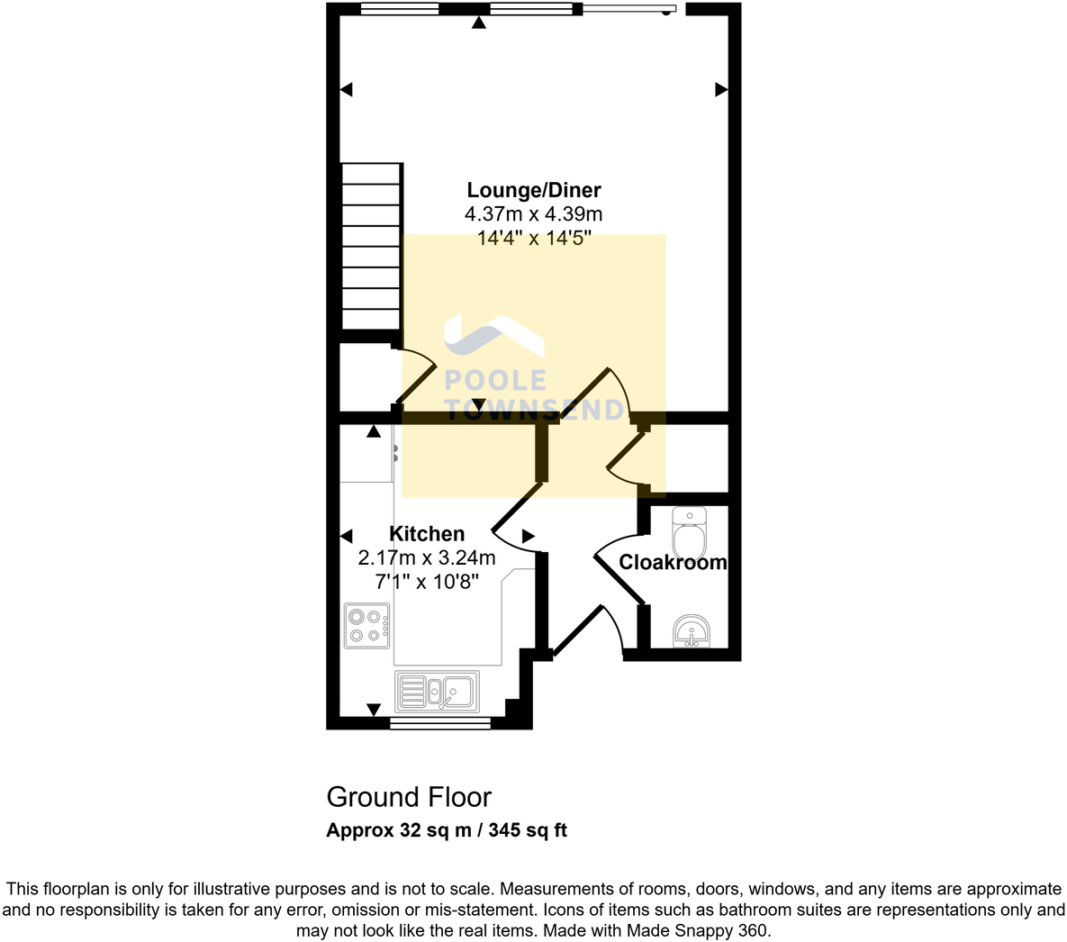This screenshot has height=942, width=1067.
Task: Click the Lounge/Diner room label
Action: [x=533, y=190]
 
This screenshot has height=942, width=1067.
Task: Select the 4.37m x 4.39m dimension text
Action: [x=533, y=214]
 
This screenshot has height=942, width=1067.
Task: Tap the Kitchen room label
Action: [x=427, y=534]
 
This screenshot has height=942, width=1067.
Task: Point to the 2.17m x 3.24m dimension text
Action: [x=427, y=557]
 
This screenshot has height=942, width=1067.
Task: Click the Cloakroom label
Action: [x=673, y=563]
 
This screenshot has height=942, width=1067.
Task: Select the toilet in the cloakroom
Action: [x=691, y=533]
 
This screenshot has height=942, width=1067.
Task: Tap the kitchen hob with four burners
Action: [x=367, y=625]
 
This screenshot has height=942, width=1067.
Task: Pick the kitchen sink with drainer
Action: [x=438, y=693]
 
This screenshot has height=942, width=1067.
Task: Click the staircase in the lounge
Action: [x=371, y=248]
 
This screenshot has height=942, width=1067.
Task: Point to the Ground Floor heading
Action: [x=409, y=797]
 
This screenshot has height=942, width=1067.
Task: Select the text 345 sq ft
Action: [x=528, y=830]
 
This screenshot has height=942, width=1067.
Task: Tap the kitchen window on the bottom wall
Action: [x=440, y=722]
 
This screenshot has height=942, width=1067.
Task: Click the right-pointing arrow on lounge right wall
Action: [x=721, y=89]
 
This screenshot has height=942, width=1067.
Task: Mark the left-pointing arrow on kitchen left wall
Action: [x=346, y=536]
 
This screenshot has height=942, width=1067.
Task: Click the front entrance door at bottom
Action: [x=581, y=630]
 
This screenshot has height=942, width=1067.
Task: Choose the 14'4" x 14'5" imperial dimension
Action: [x=533, y=239]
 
